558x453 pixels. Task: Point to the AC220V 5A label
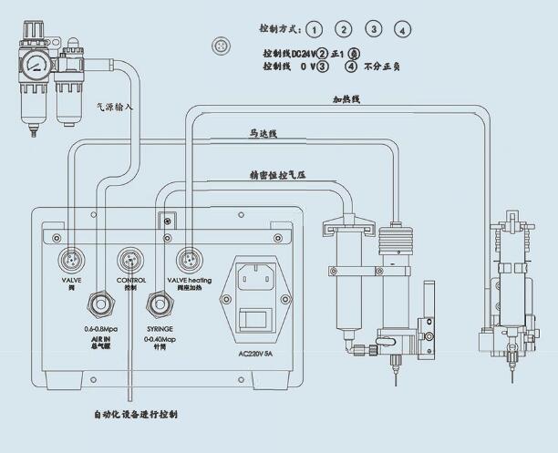pyautogui.click(x=255, y=354)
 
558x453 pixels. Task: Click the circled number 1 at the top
pyautogui.click(x=313, y=28)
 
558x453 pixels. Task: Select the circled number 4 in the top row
pyautogui.click(x=404, y=28)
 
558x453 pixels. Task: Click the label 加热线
pyautogui.click(x=346, y=99)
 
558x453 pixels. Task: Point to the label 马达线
pyautogui.click(x=263, y=133)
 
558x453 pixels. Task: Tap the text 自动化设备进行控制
pyautogui.click(x=136, y=415)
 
